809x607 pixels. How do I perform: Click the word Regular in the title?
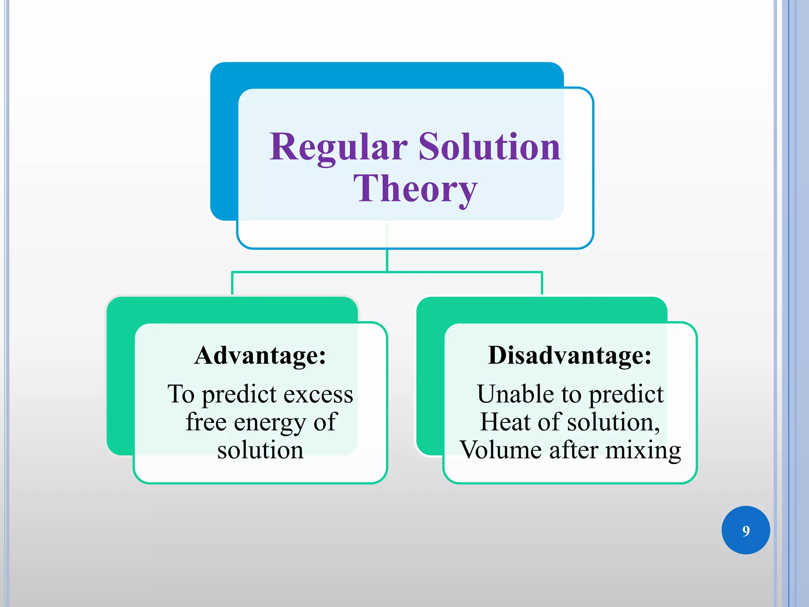[338, 147]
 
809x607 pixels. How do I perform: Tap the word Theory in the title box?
[415, 189]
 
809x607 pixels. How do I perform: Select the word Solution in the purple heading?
[489, 147]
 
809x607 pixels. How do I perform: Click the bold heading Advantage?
[260, 355]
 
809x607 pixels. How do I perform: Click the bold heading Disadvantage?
[570, 355]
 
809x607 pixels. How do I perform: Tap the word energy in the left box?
[269, 422]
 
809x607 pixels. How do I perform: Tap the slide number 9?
[746, 531]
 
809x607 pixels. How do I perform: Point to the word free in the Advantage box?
[206, 422]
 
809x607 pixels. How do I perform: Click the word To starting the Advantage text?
[181, 394]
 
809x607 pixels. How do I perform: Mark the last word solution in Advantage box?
[260, 450]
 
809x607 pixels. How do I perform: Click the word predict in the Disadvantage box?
[626, 394]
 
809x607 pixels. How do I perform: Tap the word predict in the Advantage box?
[239, 394]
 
